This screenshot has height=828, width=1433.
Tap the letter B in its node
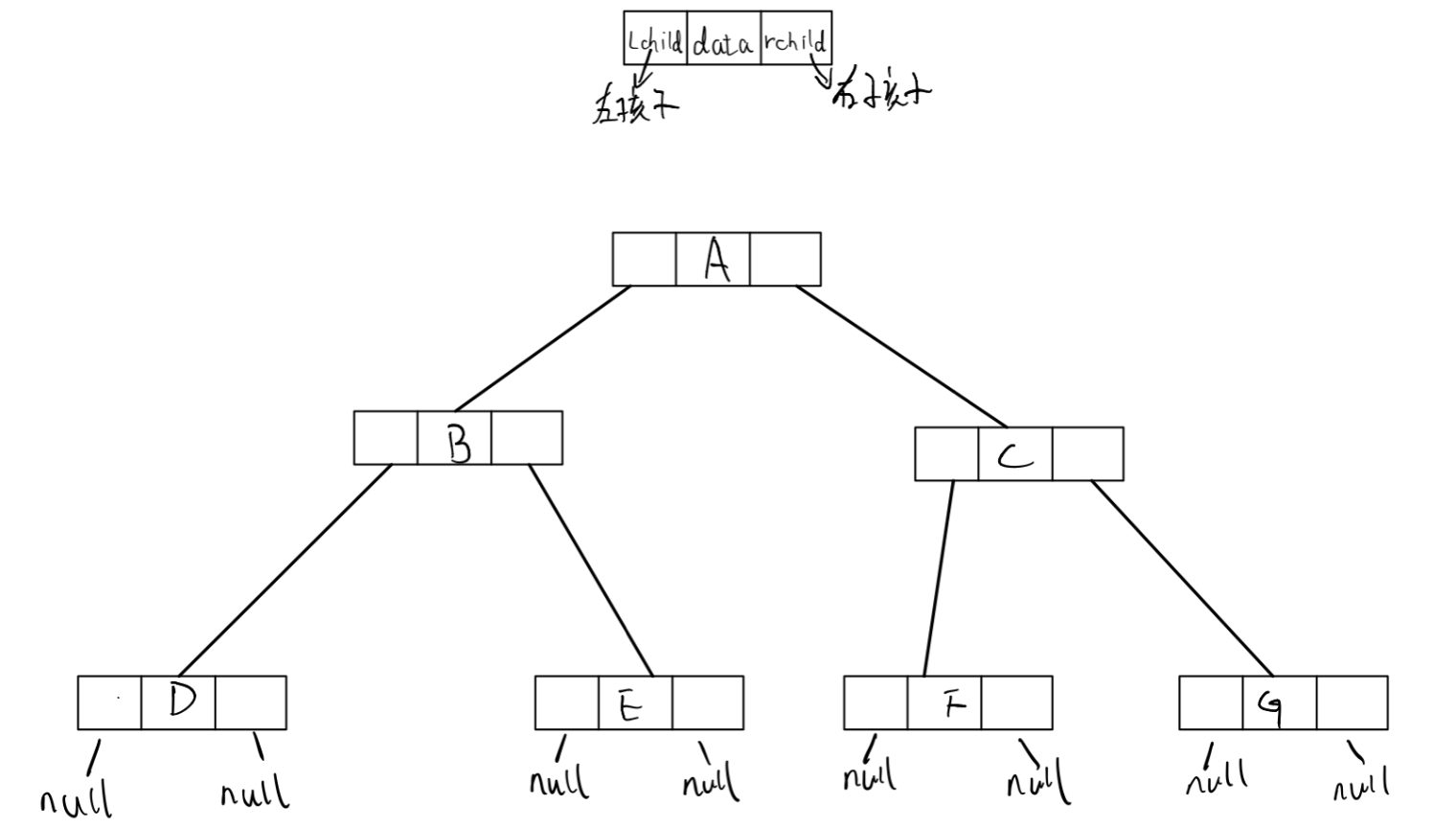(x=459, y=443)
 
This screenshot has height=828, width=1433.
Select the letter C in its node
(x=1015, y=456)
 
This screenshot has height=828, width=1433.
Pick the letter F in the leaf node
(x=952, y=704)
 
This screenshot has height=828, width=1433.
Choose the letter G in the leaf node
(x=1272, y=707)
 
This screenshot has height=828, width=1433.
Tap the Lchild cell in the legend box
(x=655, y=40)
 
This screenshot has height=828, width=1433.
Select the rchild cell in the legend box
(x=795, y=40)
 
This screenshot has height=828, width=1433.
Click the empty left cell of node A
(x=644, y=259)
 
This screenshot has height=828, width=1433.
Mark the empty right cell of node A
(x=785, y=259)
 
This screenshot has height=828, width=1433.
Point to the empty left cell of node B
(x=385, y=438)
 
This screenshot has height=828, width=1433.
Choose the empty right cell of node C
(x=1088, y=454)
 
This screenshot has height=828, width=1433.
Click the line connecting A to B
(x=542, y=349)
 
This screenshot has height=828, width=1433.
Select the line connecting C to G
(x=1182, y=578)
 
